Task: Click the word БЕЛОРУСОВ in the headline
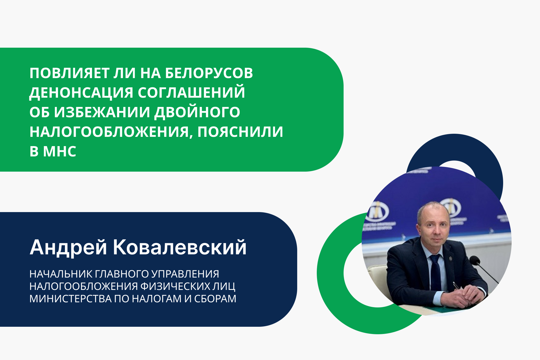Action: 209,73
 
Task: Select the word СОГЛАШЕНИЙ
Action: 191,93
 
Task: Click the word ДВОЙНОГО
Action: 197,112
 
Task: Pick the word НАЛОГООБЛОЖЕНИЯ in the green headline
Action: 111,132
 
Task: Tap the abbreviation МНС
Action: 60,151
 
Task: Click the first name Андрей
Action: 68,248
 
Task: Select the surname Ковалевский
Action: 180,248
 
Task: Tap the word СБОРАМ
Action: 215,299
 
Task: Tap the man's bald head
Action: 433,209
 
